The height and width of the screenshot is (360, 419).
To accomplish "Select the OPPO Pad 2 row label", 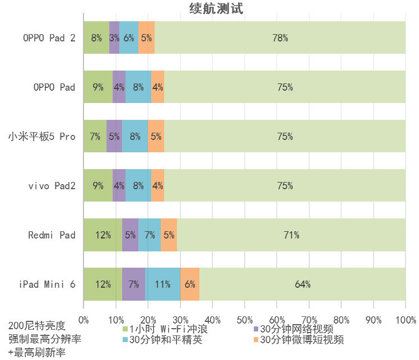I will pos(49,38).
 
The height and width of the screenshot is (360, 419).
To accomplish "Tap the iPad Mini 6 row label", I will pos(47,284).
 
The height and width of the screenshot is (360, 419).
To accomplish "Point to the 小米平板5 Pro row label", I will pos(41,136).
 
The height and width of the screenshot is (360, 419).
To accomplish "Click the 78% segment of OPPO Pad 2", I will pos(280,38).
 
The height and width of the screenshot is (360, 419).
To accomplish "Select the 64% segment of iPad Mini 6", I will pos(302,284).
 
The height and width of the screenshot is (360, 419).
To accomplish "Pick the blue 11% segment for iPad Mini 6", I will pos(162,284).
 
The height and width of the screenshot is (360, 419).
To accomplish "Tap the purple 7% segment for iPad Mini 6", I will pos(134,284).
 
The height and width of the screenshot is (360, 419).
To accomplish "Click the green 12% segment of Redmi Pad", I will pos(103,235).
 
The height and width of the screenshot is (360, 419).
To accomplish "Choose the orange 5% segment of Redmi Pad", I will pos(169,235).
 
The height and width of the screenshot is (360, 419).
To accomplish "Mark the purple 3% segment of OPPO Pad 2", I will pos(114,38).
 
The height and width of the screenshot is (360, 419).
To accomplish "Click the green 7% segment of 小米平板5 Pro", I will pos(95,136).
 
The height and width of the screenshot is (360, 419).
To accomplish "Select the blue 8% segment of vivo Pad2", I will pos(138,185).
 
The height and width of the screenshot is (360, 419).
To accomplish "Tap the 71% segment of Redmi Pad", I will pos(291,235).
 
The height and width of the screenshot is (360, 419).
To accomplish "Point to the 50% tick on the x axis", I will pos(245,320).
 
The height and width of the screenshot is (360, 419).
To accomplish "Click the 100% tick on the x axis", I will pos(405,320).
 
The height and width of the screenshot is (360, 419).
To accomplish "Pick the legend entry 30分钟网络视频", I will pos(297,329).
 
